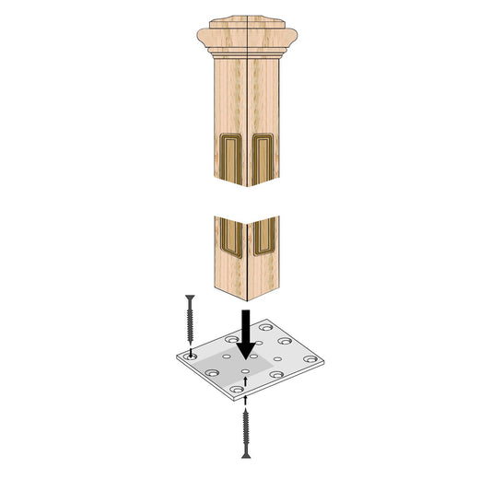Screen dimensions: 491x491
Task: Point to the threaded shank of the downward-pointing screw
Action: click(190, 321)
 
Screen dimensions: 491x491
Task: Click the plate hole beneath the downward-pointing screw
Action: click(191, 353)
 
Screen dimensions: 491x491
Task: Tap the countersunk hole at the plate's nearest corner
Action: click(238, 391)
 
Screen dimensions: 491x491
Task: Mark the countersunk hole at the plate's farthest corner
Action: click(267, 327)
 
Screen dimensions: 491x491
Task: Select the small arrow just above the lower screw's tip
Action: click(246, 405)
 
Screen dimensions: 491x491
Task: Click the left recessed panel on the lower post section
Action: click(230, 237)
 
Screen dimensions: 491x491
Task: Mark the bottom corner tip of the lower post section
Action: click(248, 301)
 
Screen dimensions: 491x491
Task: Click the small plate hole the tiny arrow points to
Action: click(246, 377)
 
